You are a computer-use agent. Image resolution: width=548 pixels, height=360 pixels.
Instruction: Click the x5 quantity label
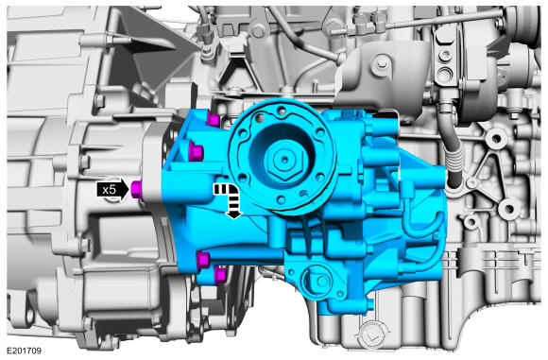(109, 190)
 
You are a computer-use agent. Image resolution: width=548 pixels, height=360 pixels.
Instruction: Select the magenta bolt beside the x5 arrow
(136, 189)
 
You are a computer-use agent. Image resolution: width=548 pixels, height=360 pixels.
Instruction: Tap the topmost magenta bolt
(213, 119)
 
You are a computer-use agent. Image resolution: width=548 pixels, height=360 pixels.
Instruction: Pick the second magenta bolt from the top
(196, 152)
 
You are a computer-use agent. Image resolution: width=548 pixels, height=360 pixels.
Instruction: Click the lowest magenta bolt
(219, 275)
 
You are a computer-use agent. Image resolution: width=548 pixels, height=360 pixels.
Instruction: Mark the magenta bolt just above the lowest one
(203, 261)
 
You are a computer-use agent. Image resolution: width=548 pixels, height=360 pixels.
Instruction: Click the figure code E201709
(25, 351)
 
